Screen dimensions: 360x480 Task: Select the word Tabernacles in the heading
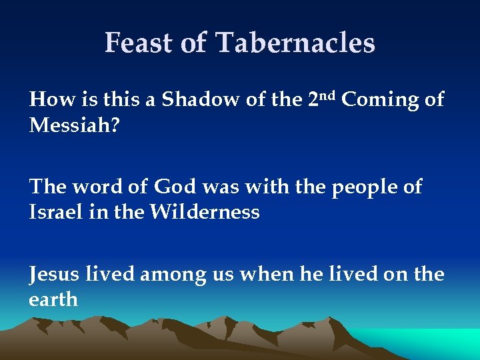(x=295, y=43)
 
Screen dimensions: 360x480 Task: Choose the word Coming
(x=377, y=100)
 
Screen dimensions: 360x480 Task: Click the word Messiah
(x=66, y=125)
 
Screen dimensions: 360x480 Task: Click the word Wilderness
(x=204, y=213)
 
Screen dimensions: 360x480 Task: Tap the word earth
(x=53, y=299)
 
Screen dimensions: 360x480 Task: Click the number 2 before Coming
(x=315, y=100)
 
